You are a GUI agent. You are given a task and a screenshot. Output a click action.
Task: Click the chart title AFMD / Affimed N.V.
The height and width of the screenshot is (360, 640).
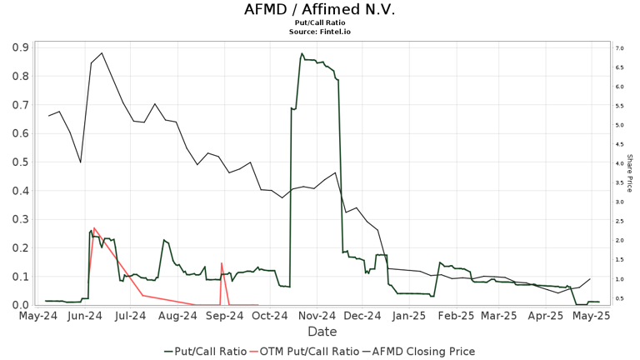coord(320,10)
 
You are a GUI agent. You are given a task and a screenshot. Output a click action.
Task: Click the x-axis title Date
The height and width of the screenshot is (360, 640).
coord(322,332)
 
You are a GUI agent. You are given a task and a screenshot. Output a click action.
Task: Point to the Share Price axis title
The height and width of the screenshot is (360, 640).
coord(630,176)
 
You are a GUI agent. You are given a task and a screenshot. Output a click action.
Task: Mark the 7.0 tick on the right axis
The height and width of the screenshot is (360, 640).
coord(619,48)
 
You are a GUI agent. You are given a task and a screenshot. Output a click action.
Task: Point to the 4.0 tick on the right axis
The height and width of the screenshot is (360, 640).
coord(619,163)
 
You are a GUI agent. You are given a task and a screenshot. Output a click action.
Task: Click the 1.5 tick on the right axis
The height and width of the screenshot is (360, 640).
coord(619,260)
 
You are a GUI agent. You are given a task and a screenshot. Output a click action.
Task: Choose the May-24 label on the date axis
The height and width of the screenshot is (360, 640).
coord(38,316)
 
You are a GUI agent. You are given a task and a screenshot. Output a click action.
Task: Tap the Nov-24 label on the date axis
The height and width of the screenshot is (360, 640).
coord(317,316)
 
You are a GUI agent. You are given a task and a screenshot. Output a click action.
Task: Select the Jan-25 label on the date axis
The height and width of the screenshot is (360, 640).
coord(409,316)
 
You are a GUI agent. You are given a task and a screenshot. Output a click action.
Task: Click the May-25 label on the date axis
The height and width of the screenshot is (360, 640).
coord(592,316)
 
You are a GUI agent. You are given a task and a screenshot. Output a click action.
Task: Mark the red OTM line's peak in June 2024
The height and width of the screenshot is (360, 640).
coord(94,227)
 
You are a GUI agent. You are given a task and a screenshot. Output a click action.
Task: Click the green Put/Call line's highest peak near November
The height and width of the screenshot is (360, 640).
coord(302,54)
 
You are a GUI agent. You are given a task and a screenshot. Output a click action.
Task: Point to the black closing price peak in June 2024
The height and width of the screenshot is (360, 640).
coord(102,53)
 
